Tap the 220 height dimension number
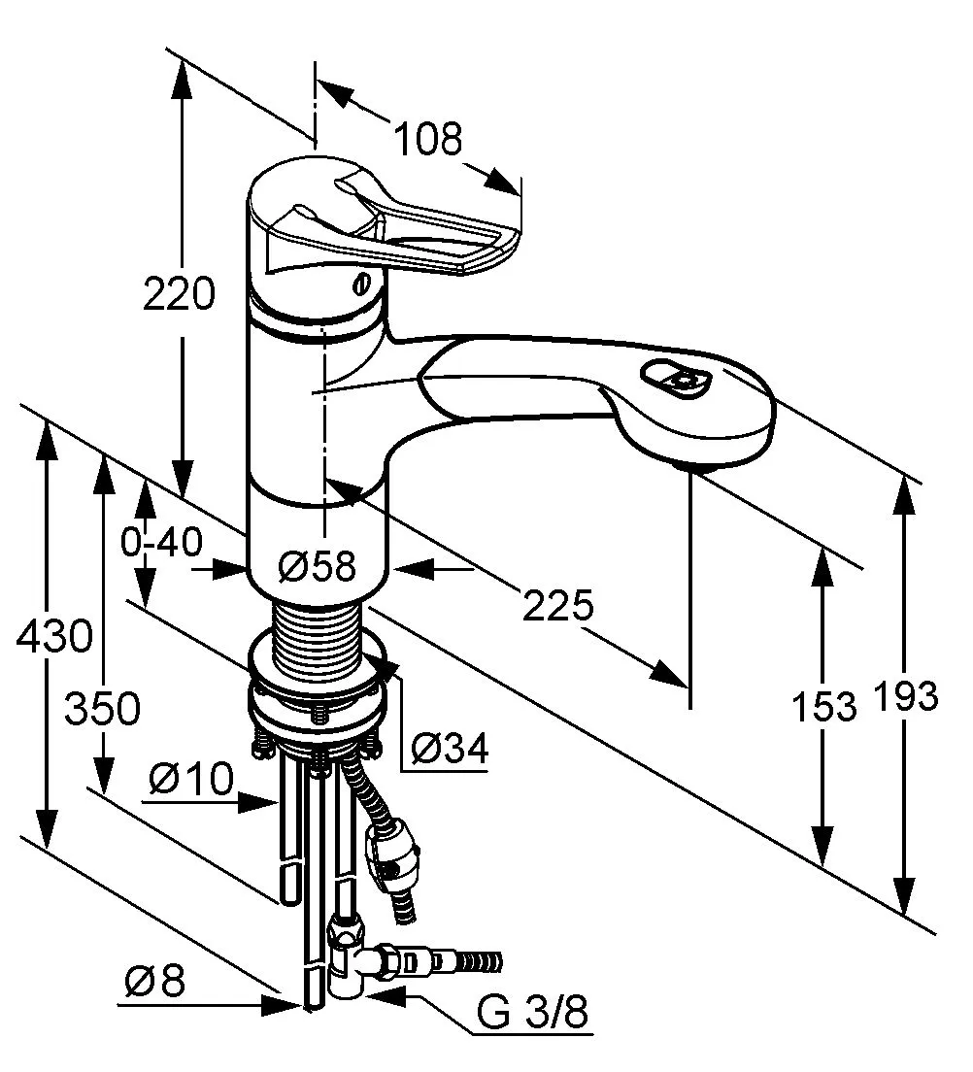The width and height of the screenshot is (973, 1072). [179, 293]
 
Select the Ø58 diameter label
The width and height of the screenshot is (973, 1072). [318, 565]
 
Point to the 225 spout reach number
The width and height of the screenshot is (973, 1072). [557, 606]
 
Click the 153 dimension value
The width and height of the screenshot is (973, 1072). [823, 706]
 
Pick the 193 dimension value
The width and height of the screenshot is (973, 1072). [905, 696]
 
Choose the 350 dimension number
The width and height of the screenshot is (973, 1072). [102, 709]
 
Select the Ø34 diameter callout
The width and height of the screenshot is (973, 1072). [450, 748]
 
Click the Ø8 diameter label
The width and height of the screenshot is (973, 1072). [154, 983]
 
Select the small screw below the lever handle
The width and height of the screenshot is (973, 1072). [361, 285]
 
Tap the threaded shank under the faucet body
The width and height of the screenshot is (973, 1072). [317, 637]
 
